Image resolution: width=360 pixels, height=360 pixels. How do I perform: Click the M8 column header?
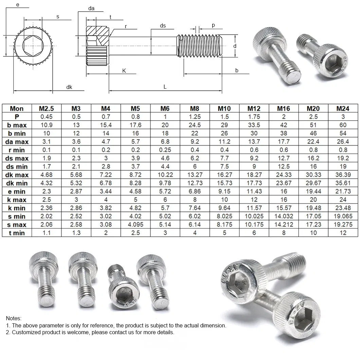tap(195, 108)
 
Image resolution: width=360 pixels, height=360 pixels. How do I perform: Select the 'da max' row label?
tap(17, 142)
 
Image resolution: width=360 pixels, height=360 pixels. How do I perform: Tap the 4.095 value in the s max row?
tap(135, 224)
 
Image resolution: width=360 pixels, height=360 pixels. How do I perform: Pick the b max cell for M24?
tap(343, 125)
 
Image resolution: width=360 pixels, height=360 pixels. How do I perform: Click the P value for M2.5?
tap(47, 117)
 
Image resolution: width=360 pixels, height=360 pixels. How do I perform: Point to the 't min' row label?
tap(17, 233)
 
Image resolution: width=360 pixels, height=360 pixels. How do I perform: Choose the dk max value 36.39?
tap(343, 175)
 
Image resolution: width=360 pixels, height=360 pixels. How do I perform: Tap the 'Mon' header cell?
tap(17, 108)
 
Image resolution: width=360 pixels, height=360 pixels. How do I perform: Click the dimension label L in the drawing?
tap(165, 87)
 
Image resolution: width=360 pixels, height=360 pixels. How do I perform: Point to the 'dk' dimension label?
tap(69, 87)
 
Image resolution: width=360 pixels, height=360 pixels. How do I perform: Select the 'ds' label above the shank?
tap(163, 26)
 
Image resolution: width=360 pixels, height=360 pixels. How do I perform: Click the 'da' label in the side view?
tap(91, 8)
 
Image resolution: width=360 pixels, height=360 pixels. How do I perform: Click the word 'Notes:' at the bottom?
tap(14, 318)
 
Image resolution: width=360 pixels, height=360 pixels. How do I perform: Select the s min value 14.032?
tap(284, 216)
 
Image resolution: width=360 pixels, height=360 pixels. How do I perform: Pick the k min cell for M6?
tap(165, 208)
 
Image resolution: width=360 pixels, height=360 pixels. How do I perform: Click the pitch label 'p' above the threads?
tap(213, 25)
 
